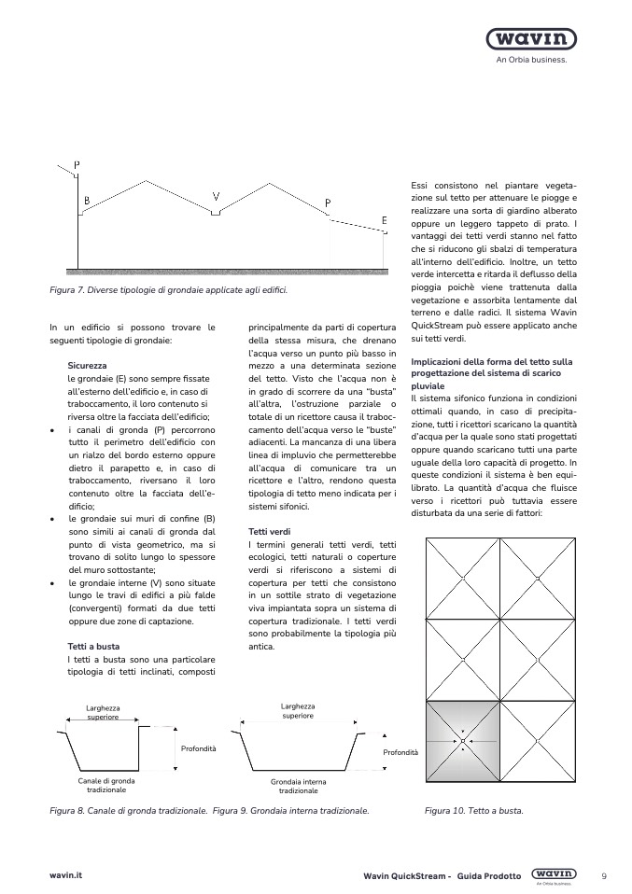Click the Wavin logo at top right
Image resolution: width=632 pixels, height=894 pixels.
[x=530, y=40]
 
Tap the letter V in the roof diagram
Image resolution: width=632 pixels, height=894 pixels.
[x=216, y=197]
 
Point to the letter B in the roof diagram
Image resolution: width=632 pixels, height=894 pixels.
[x=87, y=201]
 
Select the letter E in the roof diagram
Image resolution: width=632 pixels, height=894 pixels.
[x=384, y=220]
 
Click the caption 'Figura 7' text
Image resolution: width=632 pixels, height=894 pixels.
[x=168, y=290]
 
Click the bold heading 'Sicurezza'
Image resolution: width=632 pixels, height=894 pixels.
[x=87, y=367]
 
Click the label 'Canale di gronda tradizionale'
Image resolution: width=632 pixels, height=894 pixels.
[x=105, y=785]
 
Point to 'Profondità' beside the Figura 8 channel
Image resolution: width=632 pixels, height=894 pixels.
[x=197, y=748]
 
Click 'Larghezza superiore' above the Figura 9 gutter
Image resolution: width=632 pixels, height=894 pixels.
[x=298, y=711]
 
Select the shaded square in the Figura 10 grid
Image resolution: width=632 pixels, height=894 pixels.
[x=462, y=741]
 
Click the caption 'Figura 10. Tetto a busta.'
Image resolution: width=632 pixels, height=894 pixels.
[x=473, y=811]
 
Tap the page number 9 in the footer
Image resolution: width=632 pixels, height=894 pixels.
[x=604, y=875]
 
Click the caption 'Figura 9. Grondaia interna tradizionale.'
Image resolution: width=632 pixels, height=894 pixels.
[x=291, y=811]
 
